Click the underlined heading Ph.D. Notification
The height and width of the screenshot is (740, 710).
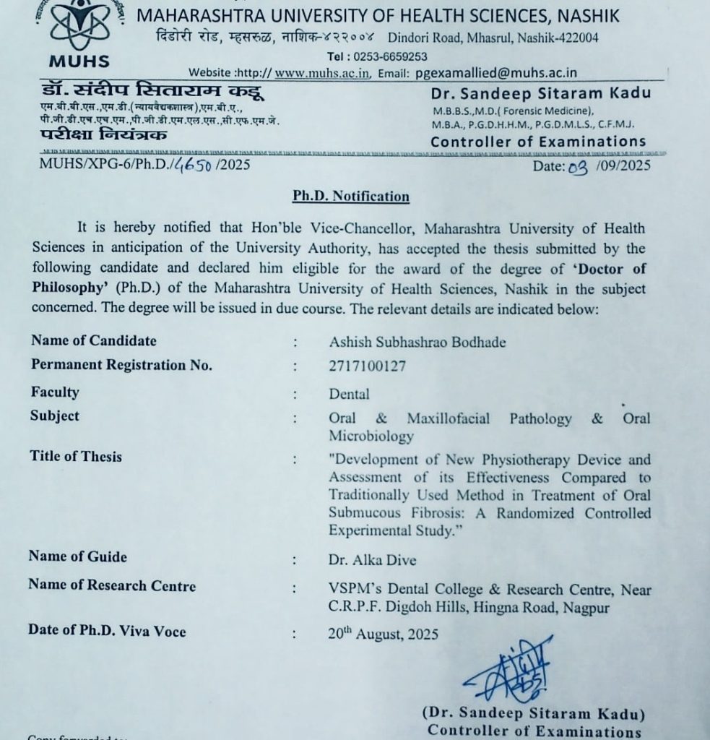tap(351, 197)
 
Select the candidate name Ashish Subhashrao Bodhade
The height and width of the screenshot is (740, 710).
tap(417, 342)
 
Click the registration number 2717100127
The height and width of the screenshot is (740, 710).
tap(367, 366)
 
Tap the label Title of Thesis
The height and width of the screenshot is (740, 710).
tap(76, 456)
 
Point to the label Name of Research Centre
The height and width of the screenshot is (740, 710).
tap(112, 585)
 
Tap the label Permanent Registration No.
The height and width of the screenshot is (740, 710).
tap(121, 365)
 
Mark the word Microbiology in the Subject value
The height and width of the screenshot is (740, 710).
tap(371, 436)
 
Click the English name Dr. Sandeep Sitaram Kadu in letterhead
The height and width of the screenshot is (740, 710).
tap(540, 92)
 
